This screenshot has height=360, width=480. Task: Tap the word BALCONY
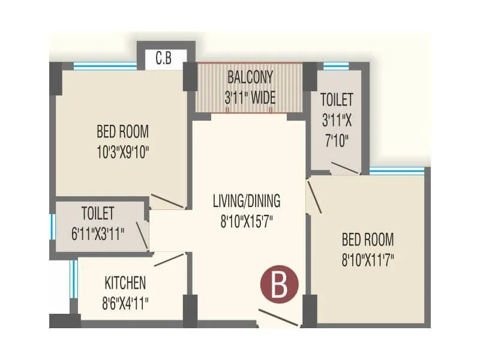pyautogui.click(x=250, y=77)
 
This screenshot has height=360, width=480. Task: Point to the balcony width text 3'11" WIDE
pyautogui.click(x=250, y=98)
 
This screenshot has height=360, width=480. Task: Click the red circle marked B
pyautogui.click(x=279, y=285)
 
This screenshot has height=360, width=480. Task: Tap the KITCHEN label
pyautogui.click(x=125, y=282)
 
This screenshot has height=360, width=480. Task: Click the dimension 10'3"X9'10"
pyautogui.click(x=122, y=152)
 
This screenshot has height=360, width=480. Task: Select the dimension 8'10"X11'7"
pyautogui.click(x=368, y=260)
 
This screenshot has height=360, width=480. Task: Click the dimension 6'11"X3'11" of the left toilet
pyautogui.click(x=98, y=233)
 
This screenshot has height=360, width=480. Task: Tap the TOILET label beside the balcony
pyautogui.click(x=337, y=99)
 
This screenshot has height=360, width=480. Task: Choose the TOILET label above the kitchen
pyautogui.click(x=98, y=212)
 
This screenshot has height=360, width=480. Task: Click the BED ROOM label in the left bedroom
pyautogui.click(x=122, y=131)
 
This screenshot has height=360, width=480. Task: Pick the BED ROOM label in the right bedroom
pyautogui.click(x=368, y=240)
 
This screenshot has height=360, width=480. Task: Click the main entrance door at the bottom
pyautogui.click(x=278, y=319)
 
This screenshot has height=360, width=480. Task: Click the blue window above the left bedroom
pyautogui.click(x=105, y=67)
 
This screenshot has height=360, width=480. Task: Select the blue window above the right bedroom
pyautogui.click(x=397, y=171)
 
